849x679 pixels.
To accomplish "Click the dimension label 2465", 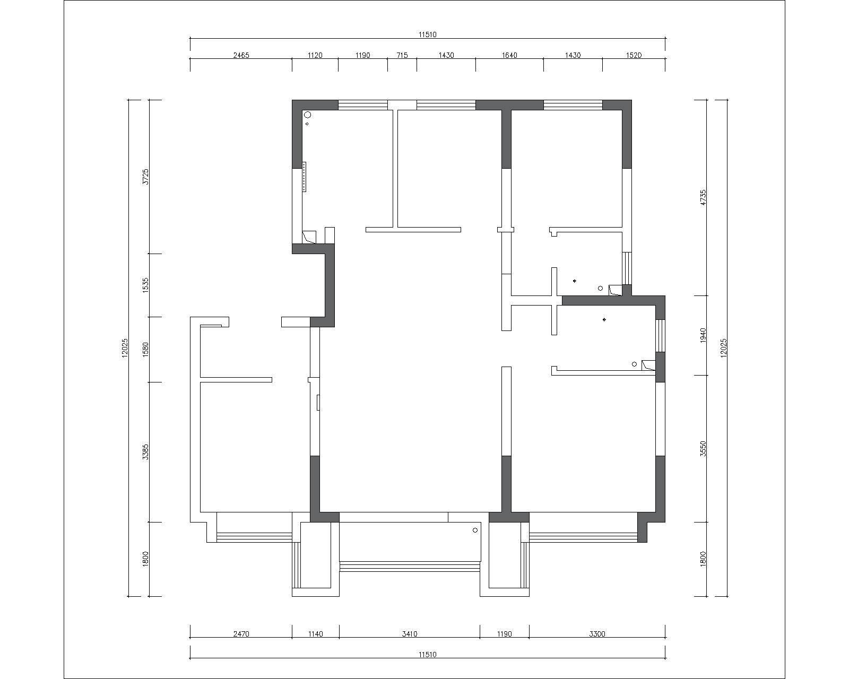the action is pos(241,55).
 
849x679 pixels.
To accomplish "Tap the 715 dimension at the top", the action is pos(402,55).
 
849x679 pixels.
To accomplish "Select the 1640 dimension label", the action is pos(509,55).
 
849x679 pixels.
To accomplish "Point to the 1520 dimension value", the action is pos(634,55).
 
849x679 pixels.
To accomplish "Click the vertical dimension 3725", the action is pos(145,176).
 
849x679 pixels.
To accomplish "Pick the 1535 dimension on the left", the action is pos(145,285).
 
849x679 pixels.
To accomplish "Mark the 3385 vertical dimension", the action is pos(145,452).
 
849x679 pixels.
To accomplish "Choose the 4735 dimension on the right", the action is pos(703,197).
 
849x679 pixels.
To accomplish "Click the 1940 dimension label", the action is pos(703,335).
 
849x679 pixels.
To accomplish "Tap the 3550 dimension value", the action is pos(703,449).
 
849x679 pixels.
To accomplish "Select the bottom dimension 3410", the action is pos(410,633).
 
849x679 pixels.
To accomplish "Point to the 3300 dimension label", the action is pos(597,633).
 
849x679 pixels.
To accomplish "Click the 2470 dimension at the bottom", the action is pos(241,633).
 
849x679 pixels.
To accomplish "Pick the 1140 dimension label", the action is pos(315,633).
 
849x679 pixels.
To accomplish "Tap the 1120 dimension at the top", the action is pos(315,55).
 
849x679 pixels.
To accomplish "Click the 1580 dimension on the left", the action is pos(145,350).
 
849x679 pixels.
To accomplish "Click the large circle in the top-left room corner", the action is pos(307,115).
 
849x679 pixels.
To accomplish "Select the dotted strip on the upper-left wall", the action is pos(304,177).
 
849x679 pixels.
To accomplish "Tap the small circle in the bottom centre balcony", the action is pos(475,530).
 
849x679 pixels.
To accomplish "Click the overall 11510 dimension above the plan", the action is pos(428,34).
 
